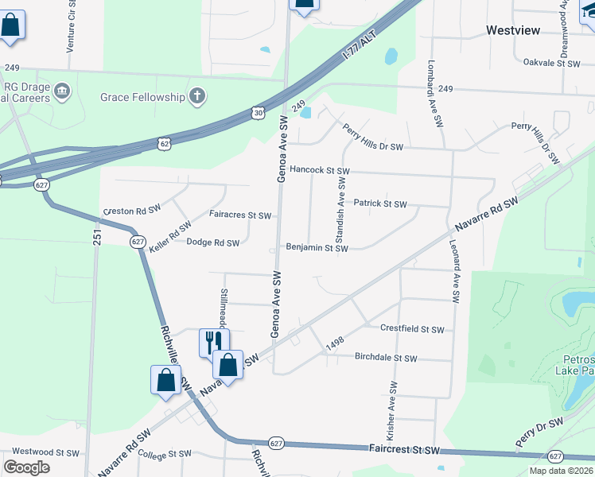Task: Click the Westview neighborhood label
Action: coord(512,30)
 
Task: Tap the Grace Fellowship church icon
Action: coord(197,97)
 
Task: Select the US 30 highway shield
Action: coord(257,114)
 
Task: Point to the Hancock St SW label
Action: coord(319,170)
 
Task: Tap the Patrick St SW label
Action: coord(380,204)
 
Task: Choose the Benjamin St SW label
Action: coord(317,248)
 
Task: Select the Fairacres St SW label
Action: coord(240,215)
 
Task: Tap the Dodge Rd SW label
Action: coord(212,242)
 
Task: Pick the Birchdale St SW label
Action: coord(386,359)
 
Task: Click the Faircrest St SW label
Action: coord(404,450)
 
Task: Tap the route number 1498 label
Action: coord(335,342)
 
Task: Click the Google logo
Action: coord(28,467)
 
